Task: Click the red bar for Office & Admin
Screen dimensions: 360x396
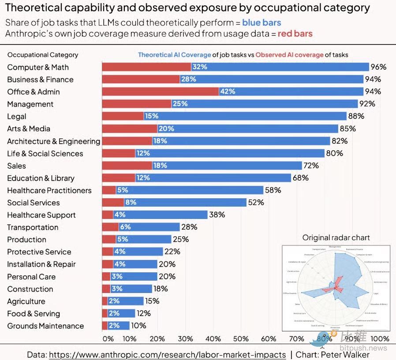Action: tap(161, 92)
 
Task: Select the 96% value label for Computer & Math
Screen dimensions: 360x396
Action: tap(378, 67)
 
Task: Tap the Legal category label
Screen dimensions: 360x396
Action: tap(17, 116)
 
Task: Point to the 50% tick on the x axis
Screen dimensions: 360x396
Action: tap(241, 339)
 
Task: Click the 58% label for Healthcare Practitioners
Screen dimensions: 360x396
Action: tap(273, 190)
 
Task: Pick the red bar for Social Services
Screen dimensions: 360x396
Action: tap(113, 203)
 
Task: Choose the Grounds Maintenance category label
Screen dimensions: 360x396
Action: tap(45, 326)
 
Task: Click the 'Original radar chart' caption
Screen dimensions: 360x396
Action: tap(336, 238)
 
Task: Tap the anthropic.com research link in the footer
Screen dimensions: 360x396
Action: tap(167, 355)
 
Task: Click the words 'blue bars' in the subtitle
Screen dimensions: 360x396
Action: tap(262, 22)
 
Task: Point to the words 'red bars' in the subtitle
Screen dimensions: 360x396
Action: tap(295, 33)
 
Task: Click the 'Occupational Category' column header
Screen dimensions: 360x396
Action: tap(43, 55)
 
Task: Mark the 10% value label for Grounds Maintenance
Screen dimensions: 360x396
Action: tap(139, 326)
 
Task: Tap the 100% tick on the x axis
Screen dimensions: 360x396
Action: tap(380, 339)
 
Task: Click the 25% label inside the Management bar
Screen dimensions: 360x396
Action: tap(180, 104)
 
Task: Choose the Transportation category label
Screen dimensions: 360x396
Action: tap(33, 227)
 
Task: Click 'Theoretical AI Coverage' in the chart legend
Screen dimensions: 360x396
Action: tap(174, 55)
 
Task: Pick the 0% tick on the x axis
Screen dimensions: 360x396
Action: tap(108, 339)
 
